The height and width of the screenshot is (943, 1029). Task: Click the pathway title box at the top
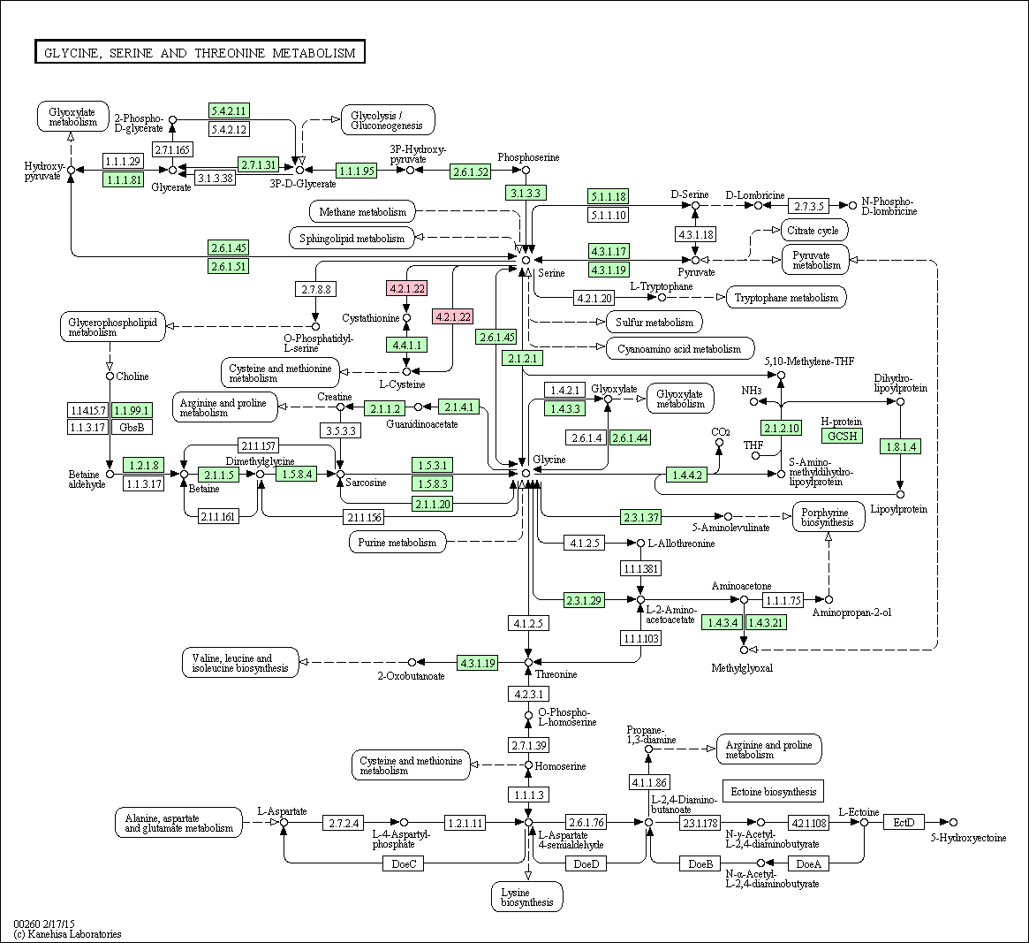point(200,52)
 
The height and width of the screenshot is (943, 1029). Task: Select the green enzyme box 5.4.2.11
point(229,111)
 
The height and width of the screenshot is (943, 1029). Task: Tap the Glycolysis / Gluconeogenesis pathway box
point(388,120)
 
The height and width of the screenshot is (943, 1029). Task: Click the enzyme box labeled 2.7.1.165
point(172,149)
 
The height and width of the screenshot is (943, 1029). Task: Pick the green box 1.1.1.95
point(356,171)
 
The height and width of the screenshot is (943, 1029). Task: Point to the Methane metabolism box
point(362,211)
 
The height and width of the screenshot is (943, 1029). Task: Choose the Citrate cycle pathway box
point(813,231)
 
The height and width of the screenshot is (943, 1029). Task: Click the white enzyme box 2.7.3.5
point(808,206)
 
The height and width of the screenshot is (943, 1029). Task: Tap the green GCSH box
point(842,436)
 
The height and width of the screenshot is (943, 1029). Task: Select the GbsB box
point(132,427)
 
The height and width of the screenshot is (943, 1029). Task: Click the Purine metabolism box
point(397,543)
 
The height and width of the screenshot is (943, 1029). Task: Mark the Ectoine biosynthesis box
point(773,791)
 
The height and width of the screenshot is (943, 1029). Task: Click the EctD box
point(904,822)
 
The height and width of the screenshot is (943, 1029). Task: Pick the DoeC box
point(404,863)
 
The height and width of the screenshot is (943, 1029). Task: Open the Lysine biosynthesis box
point(527,897)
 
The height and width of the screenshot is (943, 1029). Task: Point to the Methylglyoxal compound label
point(742,668)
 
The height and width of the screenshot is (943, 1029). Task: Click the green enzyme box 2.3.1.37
point(640,518)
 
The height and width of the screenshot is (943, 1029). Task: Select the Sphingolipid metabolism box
point(352,238)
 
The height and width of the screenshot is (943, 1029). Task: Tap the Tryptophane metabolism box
point(786,298)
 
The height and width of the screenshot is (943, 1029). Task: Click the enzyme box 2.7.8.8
point(315,289)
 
